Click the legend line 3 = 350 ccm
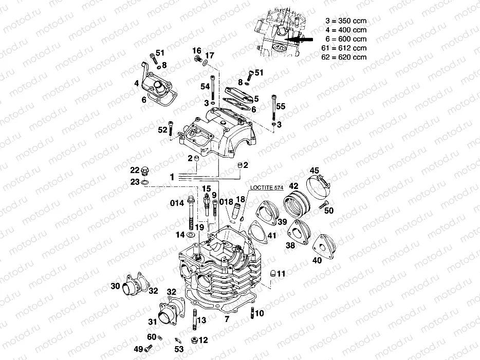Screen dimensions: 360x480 [x=345, y=21]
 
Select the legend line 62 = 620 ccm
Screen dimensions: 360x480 [x=345, y=57]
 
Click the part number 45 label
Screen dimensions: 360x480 [x=313, y=170]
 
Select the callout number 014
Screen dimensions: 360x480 [x=177, y=203]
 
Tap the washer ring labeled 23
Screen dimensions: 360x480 [x=146, y=182]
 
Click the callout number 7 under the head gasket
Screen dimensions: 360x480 [x=226, y=319]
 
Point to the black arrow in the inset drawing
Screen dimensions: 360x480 [x=300, y=39]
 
